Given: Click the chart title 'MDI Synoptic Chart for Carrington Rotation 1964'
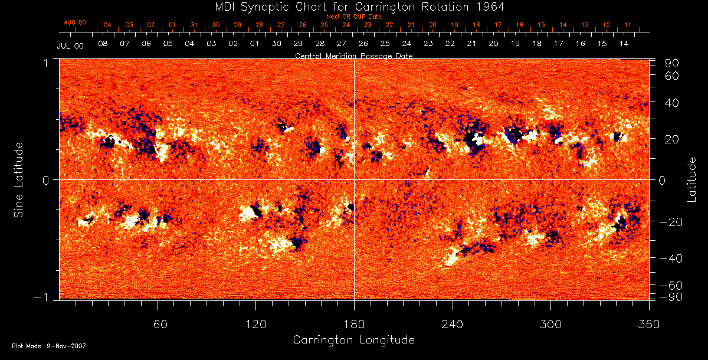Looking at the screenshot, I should click(x=354, y=6).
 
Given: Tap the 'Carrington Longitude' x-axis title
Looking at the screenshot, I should click(x=353, y=340).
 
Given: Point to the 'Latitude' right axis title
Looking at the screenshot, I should click(x=691, y=179).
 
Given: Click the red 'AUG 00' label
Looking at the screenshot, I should click(x=75, y=22).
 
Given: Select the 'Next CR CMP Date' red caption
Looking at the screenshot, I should click(x=353, y=17).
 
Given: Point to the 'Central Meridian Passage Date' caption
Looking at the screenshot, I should click(x=353, y=55).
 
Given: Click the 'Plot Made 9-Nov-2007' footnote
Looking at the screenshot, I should click(x=49, y=346).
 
